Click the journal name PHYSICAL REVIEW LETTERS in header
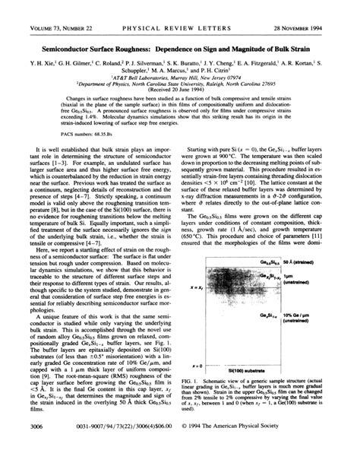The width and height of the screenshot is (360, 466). (181, 8)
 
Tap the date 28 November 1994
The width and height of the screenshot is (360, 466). (318, 8)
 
